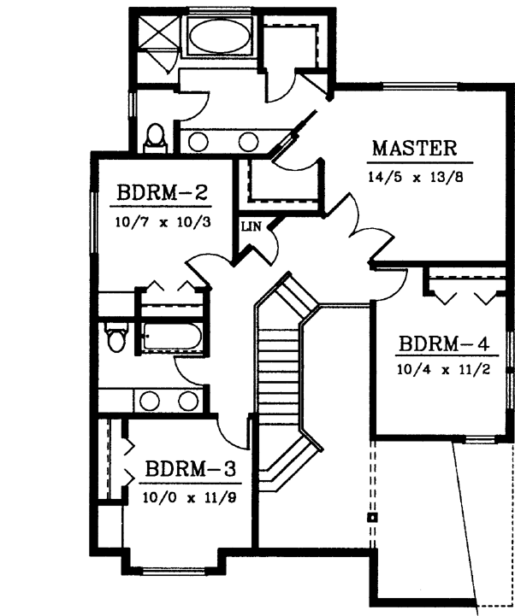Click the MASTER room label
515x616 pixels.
coord(415,148)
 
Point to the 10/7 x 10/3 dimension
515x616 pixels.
coord(162,222)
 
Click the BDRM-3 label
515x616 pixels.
coord(190,469)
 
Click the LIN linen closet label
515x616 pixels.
coord(250,226)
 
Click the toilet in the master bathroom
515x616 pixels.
coord(155,138)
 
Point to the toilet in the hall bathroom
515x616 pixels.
coord(115,336)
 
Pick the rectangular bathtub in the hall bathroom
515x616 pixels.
coord(172,337)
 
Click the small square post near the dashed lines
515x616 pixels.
coord(372,518)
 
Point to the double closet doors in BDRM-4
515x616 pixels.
coord(464,295)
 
